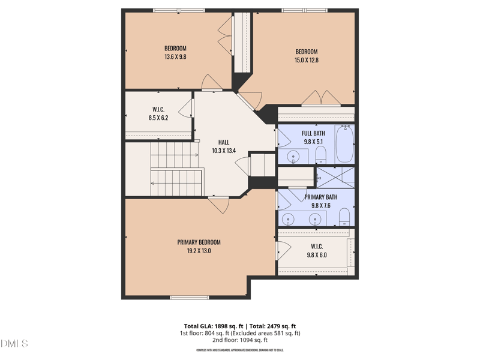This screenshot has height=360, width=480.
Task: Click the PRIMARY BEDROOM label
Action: pyautogui.click(x=199, y=242)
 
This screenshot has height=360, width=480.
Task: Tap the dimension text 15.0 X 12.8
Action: pyautogui.click(x=306, y=60)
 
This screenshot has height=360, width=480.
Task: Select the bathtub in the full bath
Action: pyautogui.click(x=344, y=144)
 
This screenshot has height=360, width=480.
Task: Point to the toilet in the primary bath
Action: pyautogui.click(x=344, y=217)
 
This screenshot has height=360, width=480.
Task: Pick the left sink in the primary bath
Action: pyautogui.click(x=287, y=219)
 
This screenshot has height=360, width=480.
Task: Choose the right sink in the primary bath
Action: pyautogui.click(x=314, y=219)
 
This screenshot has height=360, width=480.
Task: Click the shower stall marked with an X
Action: pyautogui.click(x=335, y=178)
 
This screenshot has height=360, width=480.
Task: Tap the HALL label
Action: pyautogui.click(x=224, y=142)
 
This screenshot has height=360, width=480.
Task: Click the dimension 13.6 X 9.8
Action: pyautogui.click(x=175, y=57)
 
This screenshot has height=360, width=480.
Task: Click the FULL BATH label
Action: pyautogui.click(x=313, y=133)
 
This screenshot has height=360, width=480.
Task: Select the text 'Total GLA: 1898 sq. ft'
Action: pyautogui.click(x=215, y=326)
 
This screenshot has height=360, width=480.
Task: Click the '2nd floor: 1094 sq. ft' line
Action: pyautogui.click(x=240, y=340)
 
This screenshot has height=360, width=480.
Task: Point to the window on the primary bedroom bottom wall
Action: pyautogui.click(x=189, y=298)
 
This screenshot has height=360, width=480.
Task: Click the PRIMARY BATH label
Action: pyautogui.click(x=320, y=197)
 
